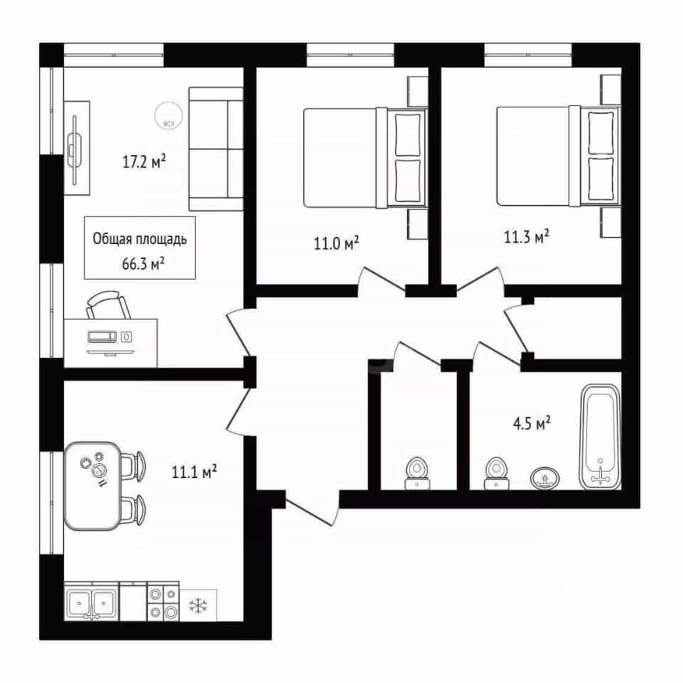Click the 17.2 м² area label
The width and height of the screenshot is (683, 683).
144,162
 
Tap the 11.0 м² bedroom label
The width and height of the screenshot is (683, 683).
337,243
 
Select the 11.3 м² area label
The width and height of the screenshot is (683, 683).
526,236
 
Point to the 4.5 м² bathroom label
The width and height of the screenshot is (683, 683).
532,423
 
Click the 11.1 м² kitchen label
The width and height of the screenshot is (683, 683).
194,472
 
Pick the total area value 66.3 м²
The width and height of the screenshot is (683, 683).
143,263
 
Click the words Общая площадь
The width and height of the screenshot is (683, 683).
140,239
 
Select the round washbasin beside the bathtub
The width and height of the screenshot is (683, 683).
545,478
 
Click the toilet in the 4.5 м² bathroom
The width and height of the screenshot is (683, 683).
496,474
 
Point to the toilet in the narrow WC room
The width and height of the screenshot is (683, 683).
418,474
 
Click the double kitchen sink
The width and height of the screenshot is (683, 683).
92,603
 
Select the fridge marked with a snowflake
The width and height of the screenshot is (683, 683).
198,605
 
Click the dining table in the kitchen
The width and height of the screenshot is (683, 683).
92,486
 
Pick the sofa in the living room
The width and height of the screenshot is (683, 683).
216,149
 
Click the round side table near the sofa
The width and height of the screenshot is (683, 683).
169,115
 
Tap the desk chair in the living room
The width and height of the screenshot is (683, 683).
107,305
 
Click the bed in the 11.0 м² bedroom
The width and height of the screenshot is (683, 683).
365,158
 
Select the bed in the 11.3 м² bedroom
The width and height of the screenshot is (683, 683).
558,156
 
